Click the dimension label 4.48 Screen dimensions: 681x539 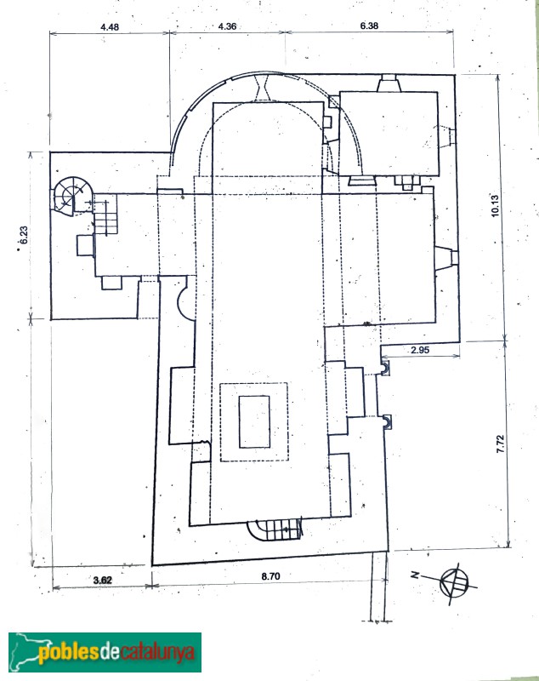coord(109,27)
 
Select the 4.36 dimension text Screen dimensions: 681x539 coord(227,27)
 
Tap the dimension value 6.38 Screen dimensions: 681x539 coord(369,27)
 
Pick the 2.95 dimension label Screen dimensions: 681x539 coord(418,350)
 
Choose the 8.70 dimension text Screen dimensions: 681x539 coord(270,576)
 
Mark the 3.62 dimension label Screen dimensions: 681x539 coord(102,580)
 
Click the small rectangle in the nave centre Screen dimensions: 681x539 coord(254,421)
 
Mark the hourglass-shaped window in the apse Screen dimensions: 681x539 coord(264,85)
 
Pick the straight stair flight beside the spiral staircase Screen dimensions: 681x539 coord(105,218)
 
